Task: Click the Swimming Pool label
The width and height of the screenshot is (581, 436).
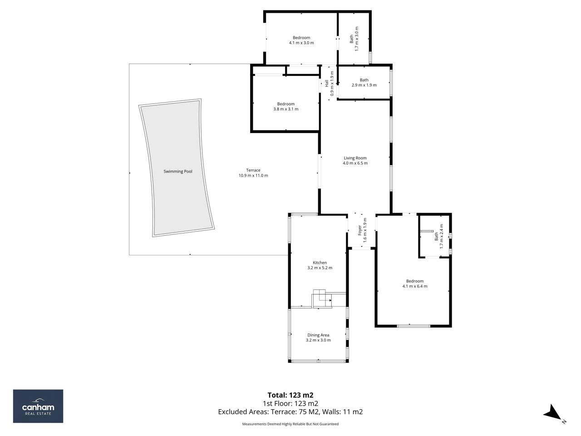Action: (177, 171)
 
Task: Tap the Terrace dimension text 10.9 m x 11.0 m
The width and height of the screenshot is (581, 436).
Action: (253, 175)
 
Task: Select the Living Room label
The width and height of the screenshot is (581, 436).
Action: (355, 158)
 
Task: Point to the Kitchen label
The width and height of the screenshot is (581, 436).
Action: (320, 263)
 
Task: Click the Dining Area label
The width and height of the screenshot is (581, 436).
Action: (318, 335)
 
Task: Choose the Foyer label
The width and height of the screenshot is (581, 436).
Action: (359, 230)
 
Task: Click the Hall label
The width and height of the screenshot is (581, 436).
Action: (326, 84)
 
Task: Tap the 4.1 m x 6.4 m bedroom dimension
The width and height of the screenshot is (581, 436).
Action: (415, 286)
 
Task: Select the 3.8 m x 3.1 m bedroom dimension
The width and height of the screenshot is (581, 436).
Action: (286, 109)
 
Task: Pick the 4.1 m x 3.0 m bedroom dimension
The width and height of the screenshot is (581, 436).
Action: (301, 43)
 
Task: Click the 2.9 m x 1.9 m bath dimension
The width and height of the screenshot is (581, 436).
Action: (364, 85)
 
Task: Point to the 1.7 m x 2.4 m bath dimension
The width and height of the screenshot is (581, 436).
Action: (441, 236)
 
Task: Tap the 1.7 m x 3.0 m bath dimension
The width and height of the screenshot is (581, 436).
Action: (356, 39)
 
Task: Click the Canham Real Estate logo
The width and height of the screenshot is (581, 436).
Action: (38, 406)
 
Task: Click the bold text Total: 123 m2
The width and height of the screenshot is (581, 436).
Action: (290, 395)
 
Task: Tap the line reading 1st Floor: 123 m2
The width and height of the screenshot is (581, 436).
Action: (290, 403)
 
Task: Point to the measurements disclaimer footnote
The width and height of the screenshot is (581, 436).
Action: (290, 424)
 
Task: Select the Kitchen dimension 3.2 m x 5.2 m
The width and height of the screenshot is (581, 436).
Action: (320, 268)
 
